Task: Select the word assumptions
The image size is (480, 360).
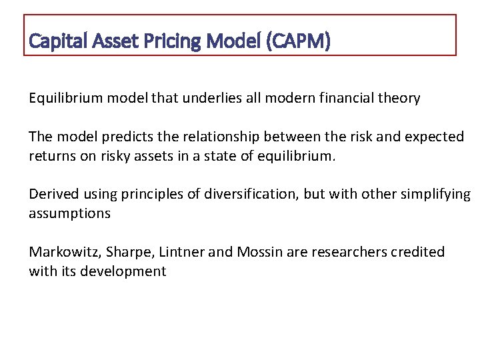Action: click(69, 213)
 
